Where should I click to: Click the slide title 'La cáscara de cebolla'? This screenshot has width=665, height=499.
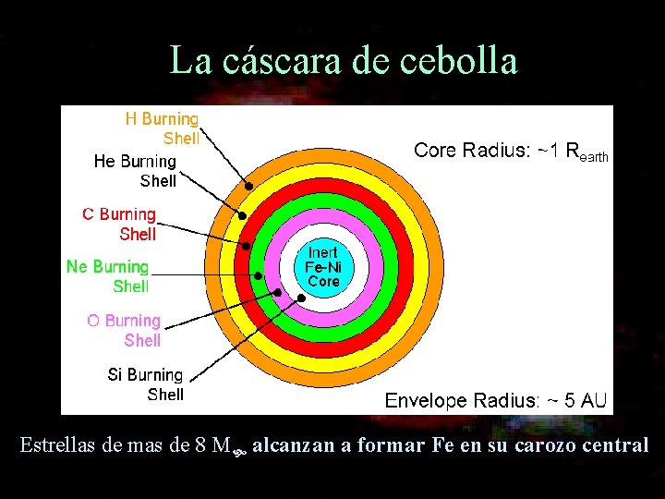click(x=344, y=61)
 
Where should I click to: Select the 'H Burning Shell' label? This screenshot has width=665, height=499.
click(x=163, y=128)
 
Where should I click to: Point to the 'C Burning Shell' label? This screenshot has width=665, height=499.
click(x=120, y=224)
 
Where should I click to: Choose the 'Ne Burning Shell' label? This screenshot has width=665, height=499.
click(x=108, y=276)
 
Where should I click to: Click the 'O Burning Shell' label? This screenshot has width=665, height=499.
click(x=125, y=330)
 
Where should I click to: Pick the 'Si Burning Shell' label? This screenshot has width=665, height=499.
click(x=146, y=384)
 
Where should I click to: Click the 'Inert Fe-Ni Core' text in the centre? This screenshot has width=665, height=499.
click(x=323, y=266)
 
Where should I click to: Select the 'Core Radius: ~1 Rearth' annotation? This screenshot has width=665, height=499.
click(x=511, y=151)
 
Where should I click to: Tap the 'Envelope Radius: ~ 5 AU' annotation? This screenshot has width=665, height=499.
click(x=496, y=400)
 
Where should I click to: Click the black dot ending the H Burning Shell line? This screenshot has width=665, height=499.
click(x=248, y=185)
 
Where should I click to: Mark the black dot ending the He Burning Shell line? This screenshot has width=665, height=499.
click(x=242, y=215)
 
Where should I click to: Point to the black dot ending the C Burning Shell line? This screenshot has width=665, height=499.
click(x=247, y=246)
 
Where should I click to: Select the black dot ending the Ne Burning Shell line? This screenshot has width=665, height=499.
click(x=259, y=275)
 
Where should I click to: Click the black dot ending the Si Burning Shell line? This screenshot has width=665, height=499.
click(x=301, y=298)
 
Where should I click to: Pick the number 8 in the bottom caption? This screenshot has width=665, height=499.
click(x=201, y=445)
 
